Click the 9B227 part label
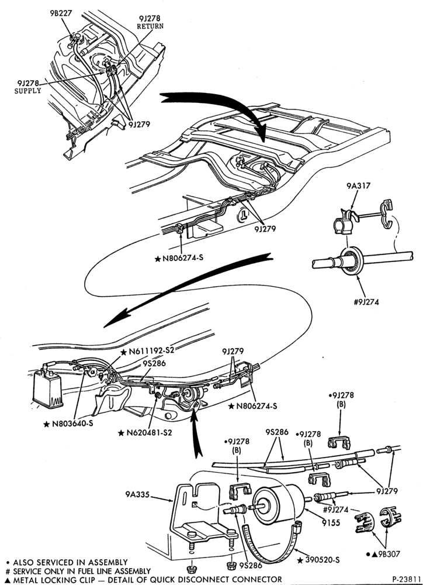pos(61,13)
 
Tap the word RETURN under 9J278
pos(150,26)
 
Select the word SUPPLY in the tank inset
pos(28,91)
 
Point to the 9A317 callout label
pos(359,185)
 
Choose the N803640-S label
pos(68,424)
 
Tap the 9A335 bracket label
pos(137,495)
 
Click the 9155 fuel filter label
pos(331,522)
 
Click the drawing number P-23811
pos(407,579)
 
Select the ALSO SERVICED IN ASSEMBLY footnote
pos(67,562)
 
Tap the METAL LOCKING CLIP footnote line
pos(144,579)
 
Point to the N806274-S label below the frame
pos(179,257)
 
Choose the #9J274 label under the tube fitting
pos(366,302)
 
